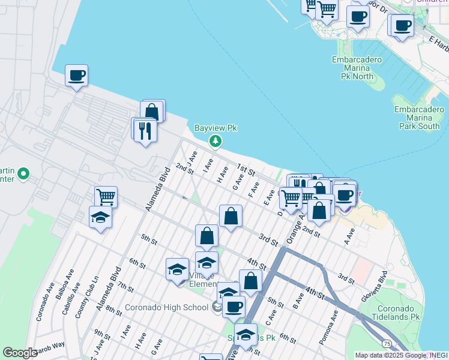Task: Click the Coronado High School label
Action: point(166,308)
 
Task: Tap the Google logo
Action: point(20,353)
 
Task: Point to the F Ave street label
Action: point(253,189)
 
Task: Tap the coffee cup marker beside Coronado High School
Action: point(234,307)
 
